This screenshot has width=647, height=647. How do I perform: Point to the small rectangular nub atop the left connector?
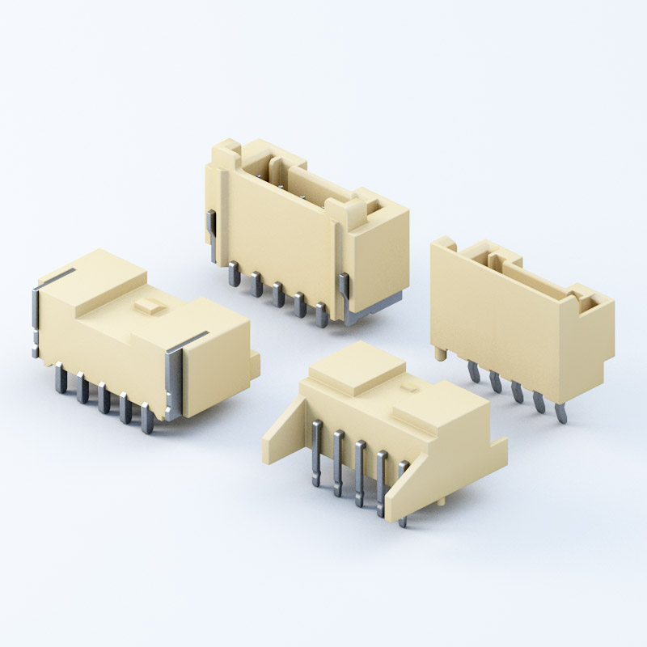148,306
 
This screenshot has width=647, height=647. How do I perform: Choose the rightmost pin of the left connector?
146,418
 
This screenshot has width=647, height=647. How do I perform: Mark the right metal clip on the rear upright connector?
346,295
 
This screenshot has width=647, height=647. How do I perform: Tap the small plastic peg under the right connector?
438,353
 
